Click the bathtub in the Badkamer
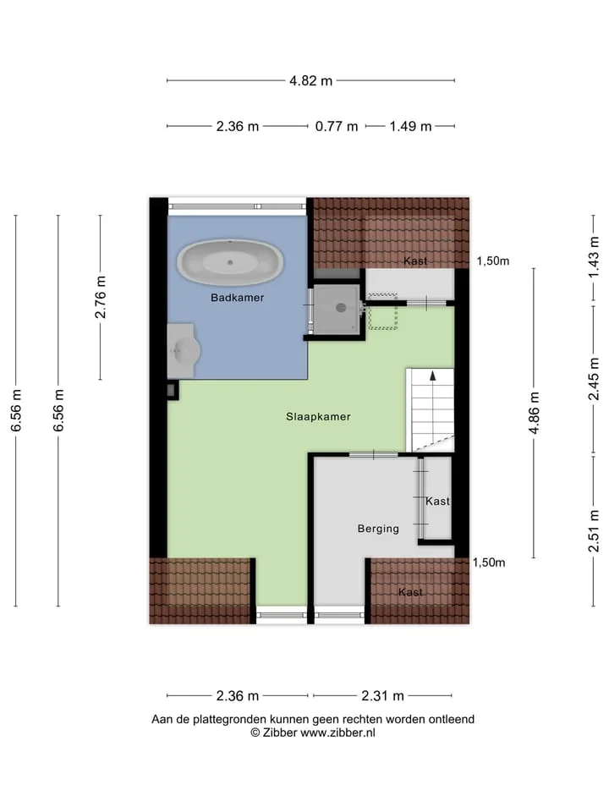(230, 262)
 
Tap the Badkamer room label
(237, 298)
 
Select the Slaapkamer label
(318, 417)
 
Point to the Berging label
(378, 529)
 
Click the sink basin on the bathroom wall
(184, 351)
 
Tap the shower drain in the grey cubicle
(341, 308)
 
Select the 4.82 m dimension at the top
(310, 81)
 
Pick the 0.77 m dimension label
(337, 126)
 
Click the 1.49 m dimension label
(410, 126)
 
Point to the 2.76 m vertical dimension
(100, 297)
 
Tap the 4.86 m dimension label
(534, 413)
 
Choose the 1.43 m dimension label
(594, 257)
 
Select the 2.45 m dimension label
(594, 379)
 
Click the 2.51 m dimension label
(594, 531)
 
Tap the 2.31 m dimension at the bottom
(382, 696)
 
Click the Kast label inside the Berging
(437, 502)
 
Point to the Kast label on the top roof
(415, 261)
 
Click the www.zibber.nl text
(337, 732)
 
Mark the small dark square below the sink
(172, 391)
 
